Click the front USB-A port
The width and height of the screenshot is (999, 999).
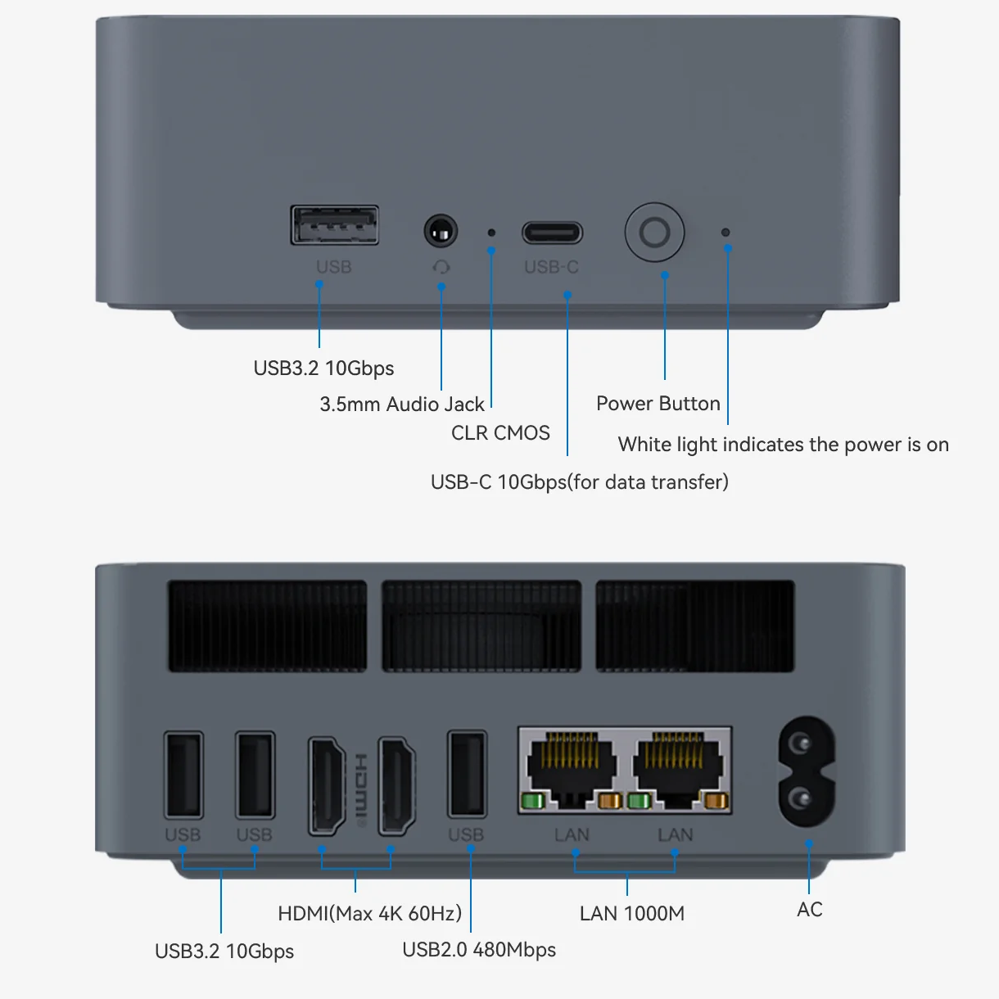tap(335, 225)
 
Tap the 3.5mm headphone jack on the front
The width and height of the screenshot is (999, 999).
tap(441, 232)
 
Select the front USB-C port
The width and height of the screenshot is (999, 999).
tap(553, 233)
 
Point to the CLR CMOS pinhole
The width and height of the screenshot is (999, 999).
tap(491, 233)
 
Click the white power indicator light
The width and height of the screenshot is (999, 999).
tap(726, 233)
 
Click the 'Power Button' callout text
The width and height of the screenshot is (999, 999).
tap(658, 404)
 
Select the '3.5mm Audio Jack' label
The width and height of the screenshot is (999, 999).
tap(401, 405)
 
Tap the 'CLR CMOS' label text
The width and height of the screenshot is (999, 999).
tap(500, 433)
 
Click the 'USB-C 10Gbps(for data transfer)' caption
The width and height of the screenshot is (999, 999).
tap(579, 481)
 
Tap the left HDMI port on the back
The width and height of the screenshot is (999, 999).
tap(328, 786)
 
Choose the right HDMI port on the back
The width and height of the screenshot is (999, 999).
tap(396, 786)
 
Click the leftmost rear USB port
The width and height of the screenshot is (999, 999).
tap(183, 775)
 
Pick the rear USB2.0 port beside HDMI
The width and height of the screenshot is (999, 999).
tap(467, 774)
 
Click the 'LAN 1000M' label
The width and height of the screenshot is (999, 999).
tap(631, 914)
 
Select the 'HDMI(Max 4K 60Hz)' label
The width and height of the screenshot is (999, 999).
tap(369, 913)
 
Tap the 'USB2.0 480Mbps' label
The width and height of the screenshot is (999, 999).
tap(479, 950)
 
